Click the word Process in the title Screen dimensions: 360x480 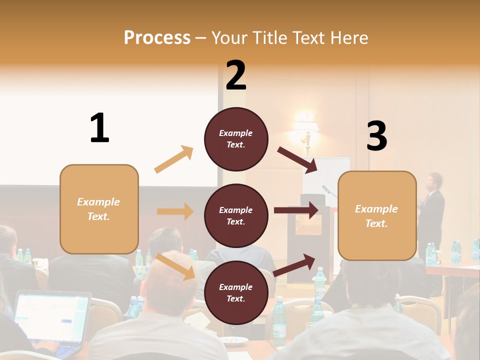pos(157,37)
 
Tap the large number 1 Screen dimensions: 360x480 pos(99,128)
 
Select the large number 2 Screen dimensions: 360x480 pos(236,75)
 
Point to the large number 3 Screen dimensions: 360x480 pos(376,136)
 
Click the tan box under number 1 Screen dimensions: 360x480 pos(99,209)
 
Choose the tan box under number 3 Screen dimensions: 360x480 pos(377,216)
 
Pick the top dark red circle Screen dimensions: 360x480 pos(236,139)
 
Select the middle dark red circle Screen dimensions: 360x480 pos(236,215)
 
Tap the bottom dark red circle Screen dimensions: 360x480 pos(236,292)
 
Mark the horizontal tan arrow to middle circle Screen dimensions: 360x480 pos(175,211)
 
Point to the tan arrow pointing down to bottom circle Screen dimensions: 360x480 pos(175,267)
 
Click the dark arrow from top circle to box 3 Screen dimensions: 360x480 pos(297,160)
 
